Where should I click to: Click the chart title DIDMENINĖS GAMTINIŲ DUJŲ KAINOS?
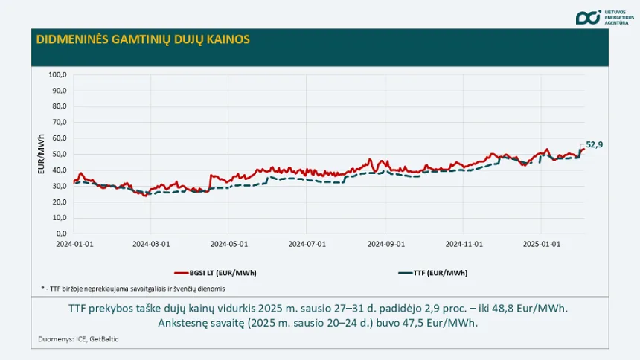(143, 39)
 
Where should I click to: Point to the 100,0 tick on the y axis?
(58, 74)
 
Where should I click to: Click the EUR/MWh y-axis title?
(41, 154)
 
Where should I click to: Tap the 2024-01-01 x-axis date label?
(72, 243)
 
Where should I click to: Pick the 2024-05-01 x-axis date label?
(228, 243)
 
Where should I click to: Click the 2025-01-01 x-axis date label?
(541, 243)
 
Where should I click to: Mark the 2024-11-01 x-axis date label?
(464, 243)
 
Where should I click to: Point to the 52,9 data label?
(594, 144)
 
